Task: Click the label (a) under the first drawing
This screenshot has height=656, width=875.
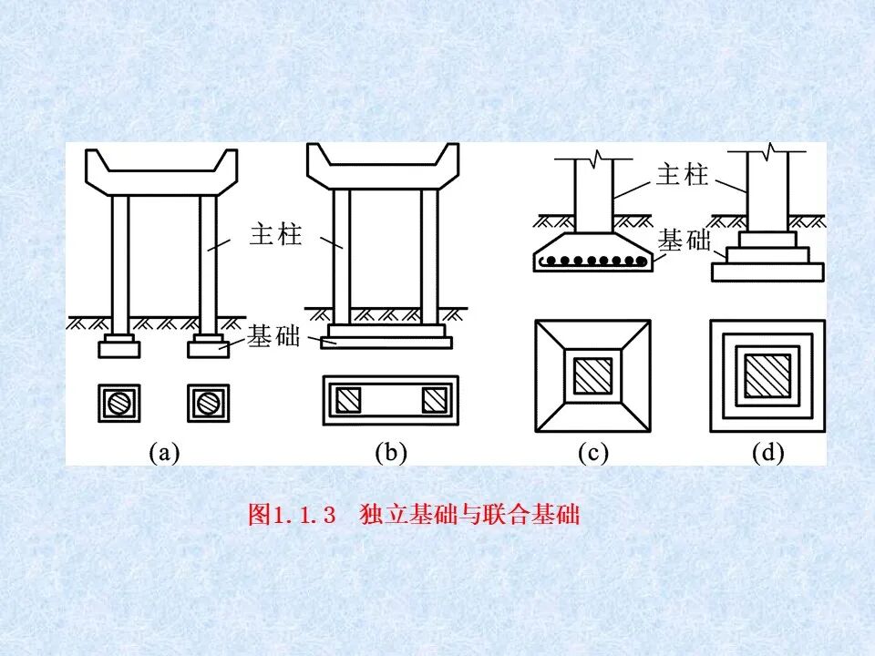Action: [163, 453]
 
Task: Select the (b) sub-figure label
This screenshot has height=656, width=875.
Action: [390, 453]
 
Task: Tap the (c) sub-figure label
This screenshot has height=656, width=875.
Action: [592, 453]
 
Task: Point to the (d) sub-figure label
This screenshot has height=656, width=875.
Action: [767, 453]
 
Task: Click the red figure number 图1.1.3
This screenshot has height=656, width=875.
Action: [293, 515]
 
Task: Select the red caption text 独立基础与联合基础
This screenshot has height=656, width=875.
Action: [470, 515]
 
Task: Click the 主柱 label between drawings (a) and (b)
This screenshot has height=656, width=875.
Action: [275, 236]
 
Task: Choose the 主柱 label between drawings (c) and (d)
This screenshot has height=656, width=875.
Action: [682, 175]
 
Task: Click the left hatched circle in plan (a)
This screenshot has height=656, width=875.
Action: [120, 402]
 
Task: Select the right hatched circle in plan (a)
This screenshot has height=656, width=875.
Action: [206, 402]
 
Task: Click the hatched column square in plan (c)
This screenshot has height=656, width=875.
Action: [592, 374]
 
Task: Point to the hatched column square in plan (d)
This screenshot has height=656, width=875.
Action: [767, 374]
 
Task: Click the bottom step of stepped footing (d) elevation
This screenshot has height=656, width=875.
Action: [767, 272]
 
